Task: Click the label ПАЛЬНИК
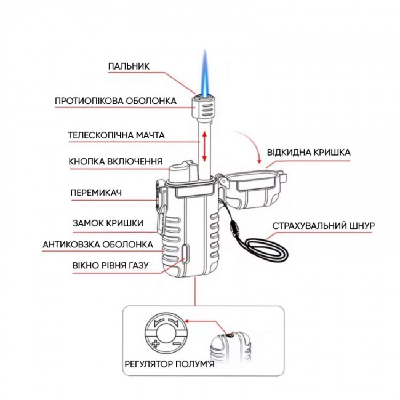[x=130, y=65]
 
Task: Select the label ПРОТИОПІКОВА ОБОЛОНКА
[x=116, y=100]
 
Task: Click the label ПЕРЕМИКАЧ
[x=97, y=193]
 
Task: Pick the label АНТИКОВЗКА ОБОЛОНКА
[x=97, y=244]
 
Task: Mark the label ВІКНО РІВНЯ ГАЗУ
[x=111, y=266]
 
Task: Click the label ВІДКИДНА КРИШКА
[x=308, y=152]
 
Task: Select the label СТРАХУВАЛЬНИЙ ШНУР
[x=323, y=225]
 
